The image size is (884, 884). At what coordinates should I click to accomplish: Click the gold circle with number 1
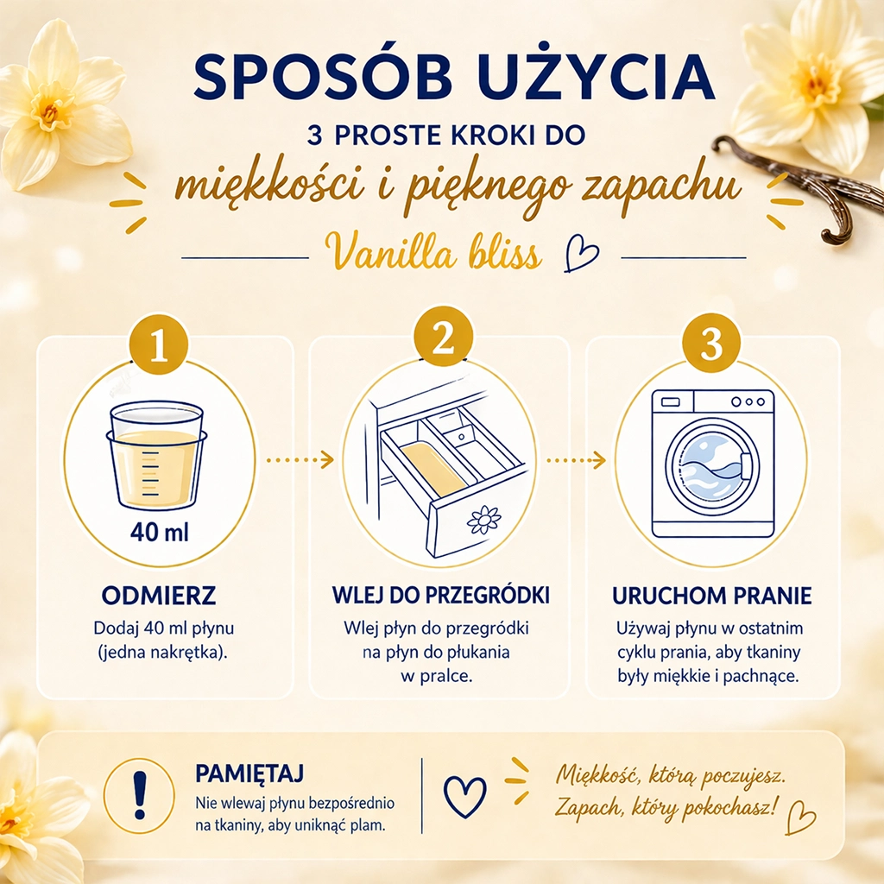point(159,344)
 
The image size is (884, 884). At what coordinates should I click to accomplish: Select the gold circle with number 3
point(711,342)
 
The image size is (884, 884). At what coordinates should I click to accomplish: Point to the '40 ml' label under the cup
point(160,532)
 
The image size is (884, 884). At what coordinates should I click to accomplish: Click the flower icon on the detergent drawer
point(484,520)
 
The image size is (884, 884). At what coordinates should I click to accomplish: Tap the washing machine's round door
point(711,465)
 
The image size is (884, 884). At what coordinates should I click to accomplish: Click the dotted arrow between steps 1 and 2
point(300,460)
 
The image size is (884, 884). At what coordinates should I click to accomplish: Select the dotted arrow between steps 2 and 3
point(576,460)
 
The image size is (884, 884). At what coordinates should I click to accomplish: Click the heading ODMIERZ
point(159,596)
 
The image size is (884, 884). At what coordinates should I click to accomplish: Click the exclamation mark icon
point(139,795)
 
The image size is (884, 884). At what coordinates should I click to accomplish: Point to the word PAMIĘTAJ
point(249,773)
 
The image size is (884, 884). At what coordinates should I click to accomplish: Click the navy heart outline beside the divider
point(464,796)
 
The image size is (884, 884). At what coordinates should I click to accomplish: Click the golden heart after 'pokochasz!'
point(800,817)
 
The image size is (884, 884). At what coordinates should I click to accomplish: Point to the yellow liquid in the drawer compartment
point(433,469)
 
